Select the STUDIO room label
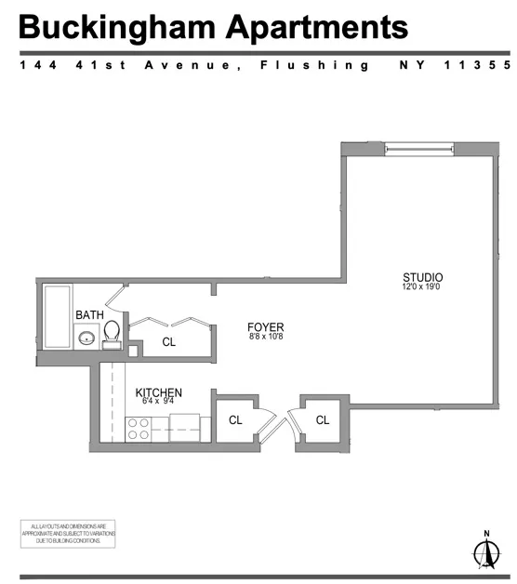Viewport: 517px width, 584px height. (422, 277)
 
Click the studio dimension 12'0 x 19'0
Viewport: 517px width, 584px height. (422, 288)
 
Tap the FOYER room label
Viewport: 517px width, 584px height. (265, 327)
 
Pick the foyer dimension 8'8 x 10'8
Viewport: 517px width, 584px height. (265, 338)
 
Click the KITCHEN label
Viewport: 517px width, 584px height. (159, 392)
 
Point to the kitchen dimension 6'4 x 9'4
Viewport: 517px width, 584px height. (158, 403)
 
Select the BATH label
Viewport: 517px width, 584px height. (89, 315)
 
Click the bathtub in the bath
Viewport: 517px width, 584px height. (57, 319)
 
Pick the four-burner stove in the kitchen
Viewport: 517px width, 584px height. (139, 428)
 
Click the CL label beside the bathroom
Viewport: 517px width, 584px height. (168, 341)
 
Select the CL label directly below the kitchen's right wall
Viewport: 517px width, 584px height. (235, 419)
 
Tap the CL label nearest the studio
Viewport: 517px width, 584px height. (323, 419)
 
